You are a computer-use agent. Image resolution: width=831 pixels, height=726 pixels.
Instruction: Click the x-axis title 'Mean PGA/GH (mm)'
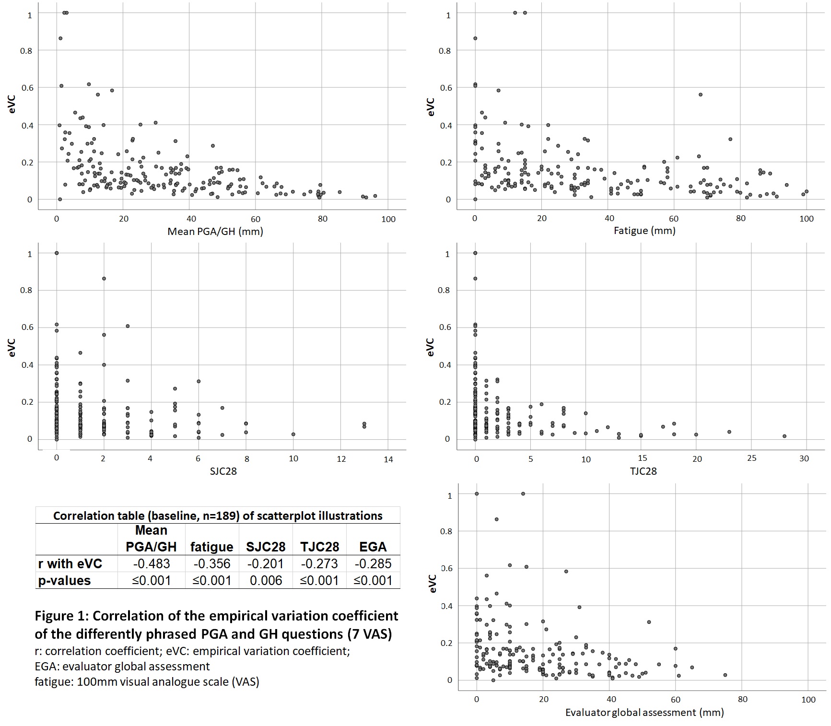point(215,232)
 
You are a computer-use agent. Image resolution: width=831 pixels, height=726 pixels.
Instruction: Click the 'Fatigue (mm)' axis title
point(644,231)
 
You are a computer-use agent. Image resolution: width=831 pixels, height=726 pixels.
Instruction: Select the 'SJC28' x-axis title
point(223,471)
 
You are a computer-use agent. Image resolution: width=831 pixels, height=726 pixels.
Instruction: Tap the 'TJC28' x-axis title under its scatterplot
point(643,471)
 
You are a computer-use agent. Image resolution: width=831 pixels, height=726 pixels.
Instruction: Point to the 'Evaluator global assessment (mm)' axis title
point(644,712)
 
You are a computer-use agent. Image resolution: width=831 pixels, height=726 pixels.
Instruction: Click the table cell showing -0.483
point(151,563)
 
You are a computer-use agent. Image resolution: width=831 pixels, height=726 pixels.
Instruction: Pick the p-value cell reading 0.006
point(266,580)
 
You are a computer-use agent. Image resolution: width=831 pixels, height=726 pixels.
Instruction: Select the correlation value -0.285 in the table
point(373,563)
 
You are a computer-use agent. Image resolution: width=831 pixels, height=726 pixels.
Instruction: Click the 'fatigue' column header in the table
point(211,547)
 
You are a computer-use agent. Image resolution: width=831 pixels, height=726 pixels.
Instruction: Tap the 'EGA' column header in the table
point(373,547)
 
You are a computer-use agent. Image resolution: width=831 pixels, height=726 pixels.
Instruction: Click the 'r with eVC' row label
point(70,563)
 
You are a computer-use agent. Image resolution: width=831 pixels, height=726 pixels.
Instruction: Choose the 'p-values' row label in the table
point(65,580)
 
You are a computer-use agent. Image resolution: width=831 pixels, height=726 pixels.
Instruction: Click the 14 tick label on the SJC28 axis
point(388,459)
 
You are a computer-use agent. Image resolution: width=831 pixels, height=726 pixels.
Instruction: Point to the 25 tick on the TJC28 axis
point(751,458)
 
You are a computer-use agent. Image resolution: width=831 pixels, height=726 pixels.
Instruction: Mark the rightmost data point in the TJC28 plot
point(784,436)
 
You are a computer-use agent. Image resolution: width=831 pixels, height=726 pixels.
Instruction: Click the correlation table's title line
point(218,515)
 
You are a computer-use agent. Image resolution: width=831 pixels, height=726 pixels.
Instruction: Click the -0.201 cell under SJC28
point(266,563)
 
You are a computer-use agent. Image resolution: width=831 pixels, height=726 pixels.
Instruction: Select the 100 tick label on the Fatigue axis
point(807,219)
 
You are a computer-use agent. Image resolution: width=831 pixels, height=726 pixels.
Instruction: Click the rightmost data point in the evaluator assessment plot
point(725,675)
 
